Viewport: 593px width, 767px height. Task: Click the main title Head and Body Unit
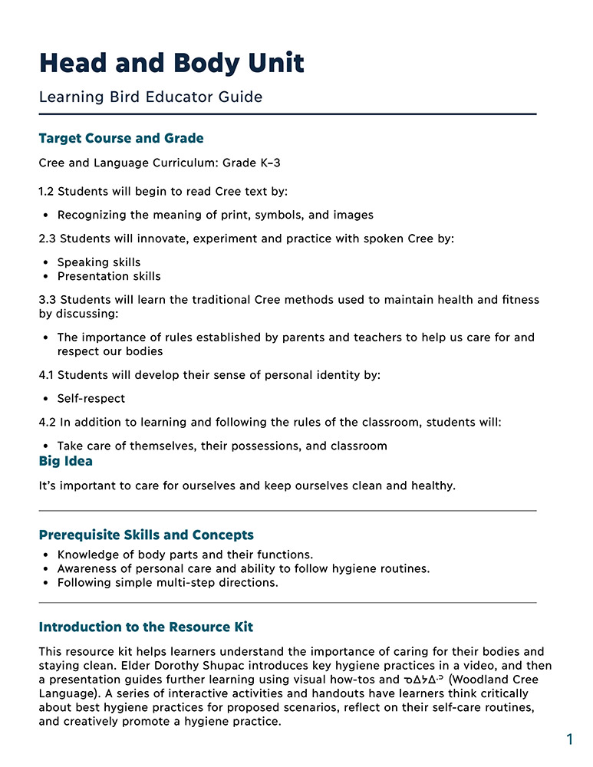point(171,63)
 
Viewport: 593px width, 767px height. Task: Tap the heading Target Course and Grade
point(121,139)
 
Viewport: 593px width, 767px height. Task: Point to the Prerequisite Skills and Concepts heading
point(146,535)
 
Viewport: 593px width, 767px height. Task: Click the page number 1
point(569,739)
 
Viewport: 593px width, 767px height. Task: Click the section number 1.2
point(48,191)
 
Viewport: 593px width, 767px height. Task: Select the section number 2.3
point(48,239)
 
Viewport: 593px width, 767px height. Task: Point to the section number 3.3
point(48,300)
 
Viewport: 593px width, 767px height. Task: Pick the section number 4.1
point(48,375)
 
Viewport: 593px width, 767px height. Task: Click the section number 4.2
point(48,422)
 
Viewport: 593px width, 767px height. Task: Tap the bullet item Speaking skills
point(99,262)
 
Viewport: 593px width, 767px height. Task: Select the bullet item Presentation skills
point(109,276)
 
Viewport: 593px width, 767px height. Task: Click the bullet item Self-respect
point(91,399)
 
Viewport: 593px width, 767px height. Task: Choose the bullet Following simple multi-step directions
point(167,582)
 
